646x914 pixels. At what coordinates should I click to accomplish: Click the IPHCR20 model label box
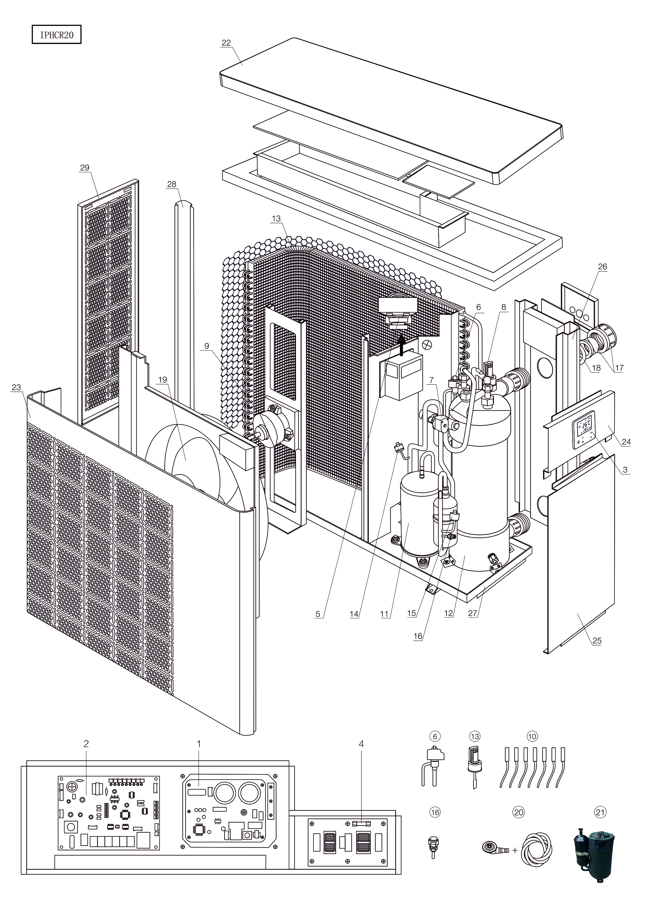pos(57,35)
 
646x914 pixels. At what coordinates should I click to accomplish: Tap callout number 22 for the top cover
pos(226,43)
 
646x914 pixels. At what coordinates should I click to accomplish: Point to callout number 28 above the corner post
pos(172,184)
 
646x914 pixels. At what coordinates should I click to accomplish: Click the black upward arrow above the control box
pos(402,347)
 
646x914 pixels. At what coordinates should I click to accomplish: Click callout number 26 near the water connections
pos(603,267)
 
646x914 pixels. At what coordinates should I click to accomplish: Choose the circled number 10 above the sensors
pos(532,736)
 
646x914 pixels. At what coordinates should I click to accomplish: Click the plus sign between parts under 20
pos(515,850)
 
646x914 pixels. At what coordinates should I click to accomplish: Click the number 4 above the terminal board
pos(361,744)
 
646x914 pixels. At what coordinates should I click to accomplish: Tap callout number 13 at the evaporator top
pos(276,219)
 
